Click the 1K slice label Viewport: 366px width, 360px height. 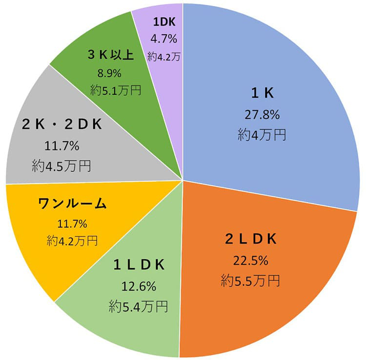pos(262,93)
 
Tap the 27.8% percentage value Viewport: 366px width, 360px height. pos(262,114)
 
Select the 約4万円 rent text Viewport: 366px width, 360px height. pos(262,134)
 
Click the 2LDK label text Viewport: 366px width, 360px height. pos(251,239)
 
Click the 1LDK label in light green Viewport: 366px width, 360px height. pos(139,265)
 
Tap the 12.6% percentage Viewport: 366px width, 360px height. pos(139,286)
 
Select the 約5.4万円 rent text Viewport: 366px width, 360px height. pos(139,306)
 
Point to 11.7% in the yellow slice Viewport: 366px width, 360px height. pos(72,224)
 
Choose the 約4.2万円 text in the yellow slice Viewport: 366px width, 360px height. pos(72,241)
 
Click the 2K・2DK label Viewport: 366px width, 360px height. pos(61,125)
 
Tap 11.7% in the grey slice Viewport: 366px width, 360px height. pos(61,146)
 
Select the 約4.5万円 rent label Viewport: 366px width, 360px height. pos(61,166)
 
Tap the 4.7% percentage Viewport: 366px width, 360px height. pos(164,39)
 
